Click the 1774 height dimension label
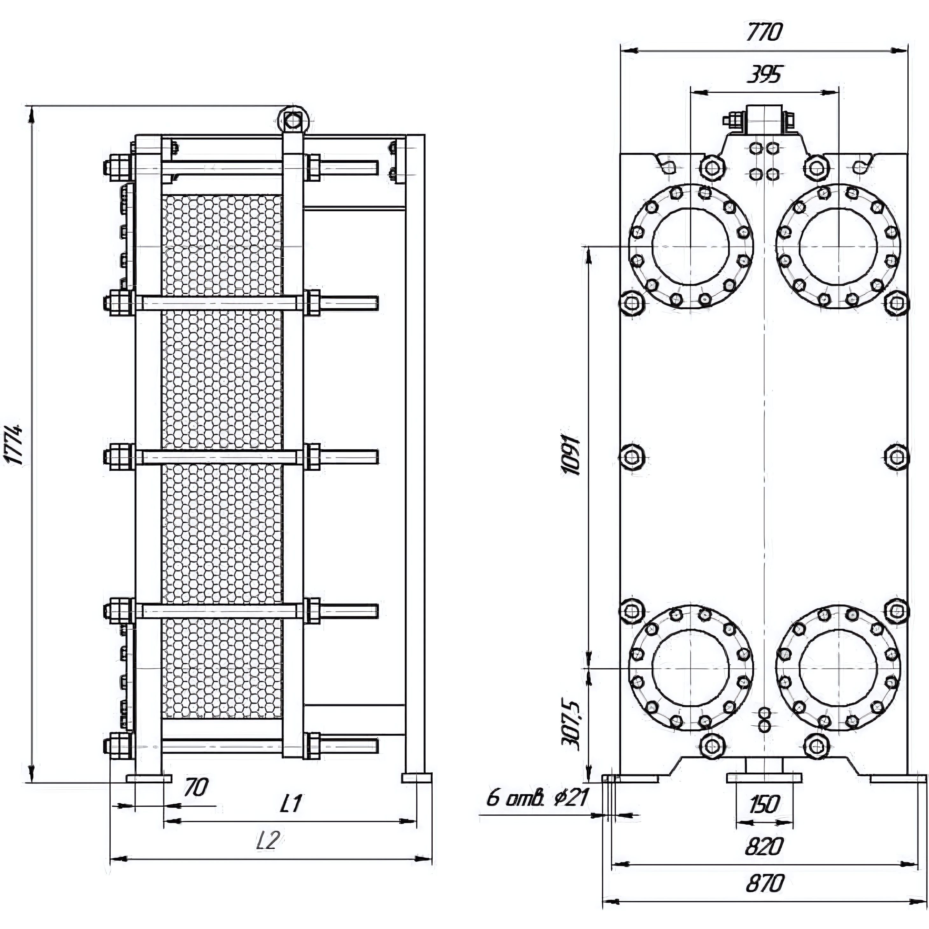coord(13,443)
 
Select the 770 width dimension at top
coord(765,32)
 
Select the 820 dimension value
coord(765,846)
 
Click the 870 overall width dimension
coord(765,883)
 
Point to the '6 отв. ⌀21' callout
coord(537,799)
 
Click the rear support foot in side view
coord(416,778)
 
